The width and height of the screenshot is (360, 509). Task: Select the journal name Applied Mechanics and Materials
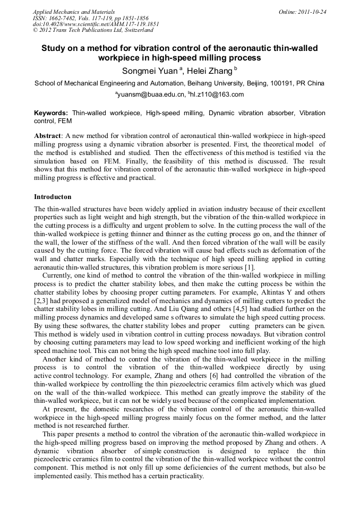tap(74, 12)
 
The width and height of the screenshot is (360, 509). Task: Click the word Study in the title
tap(55, 48)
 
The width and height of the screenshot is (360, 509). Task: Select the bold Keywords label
tap(51, 113)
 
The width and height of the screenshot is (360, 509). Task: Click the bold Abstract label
tap(47, 136)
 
